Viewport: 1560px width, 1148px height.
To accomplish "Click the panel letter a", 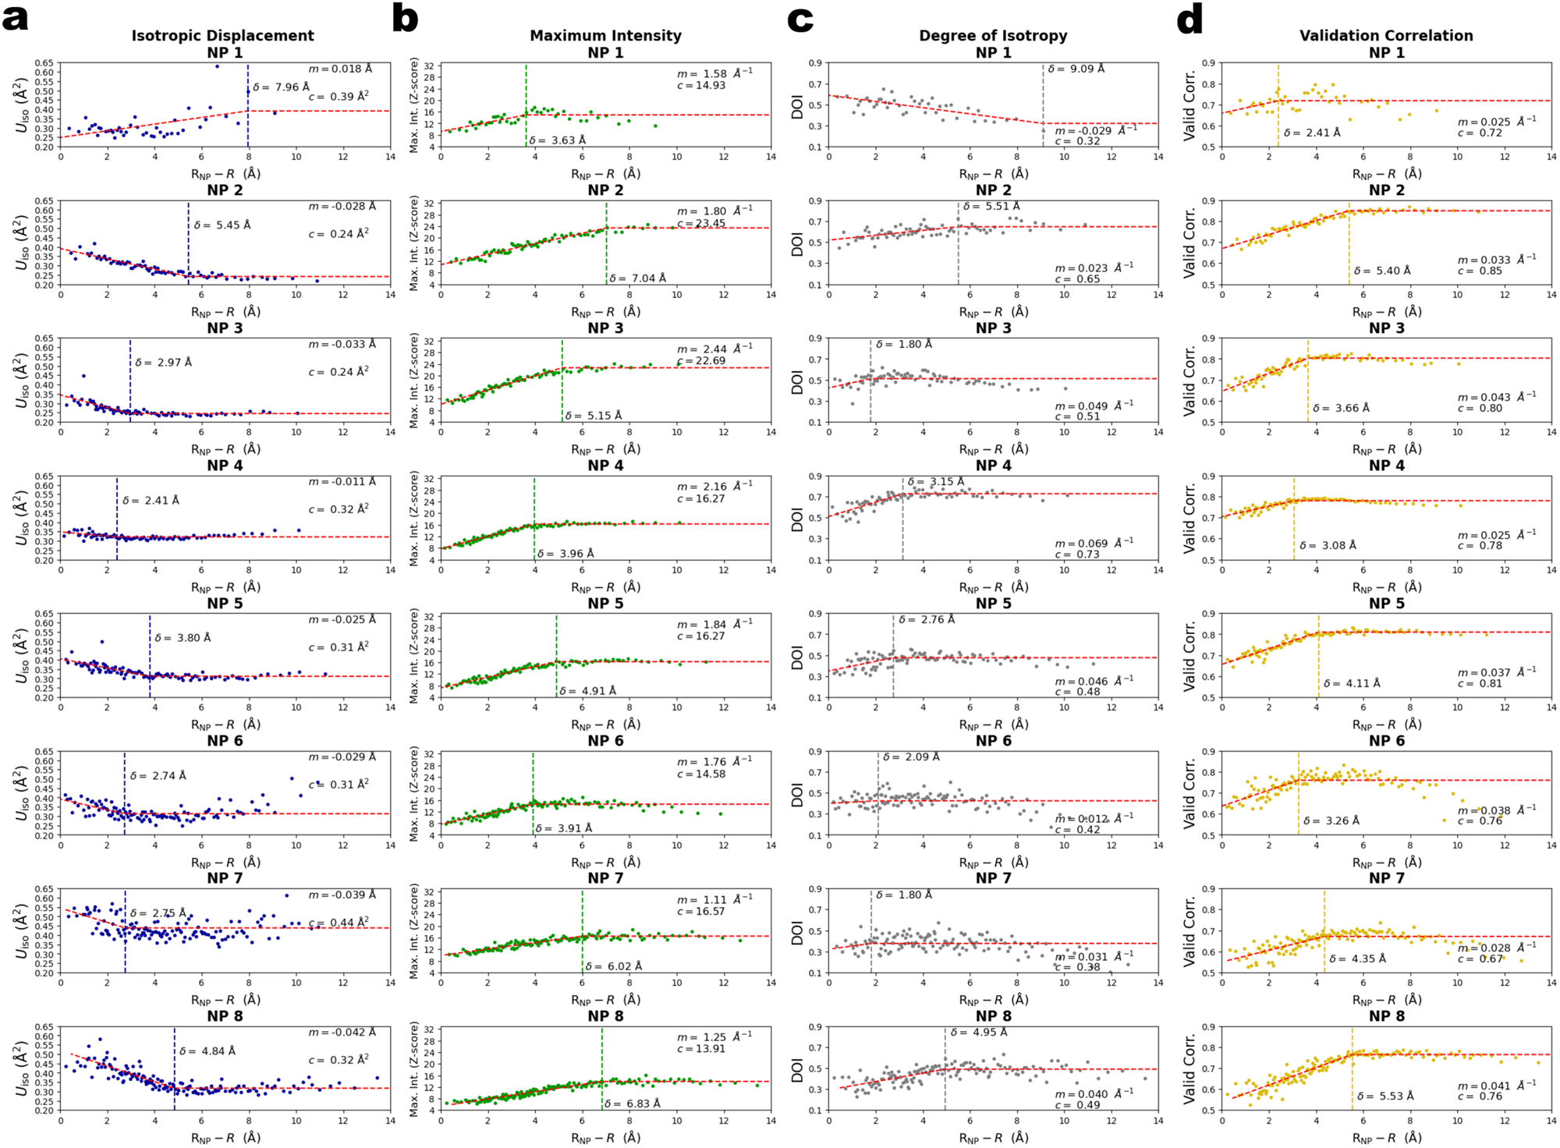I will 15,16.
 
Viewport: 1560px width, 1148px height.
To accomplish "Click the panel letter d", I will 1189,16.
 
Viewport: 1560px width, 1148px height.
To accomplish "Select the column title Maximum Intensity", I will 605,36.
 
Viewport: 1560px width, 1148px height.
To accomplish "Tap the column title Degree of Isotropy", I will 992,36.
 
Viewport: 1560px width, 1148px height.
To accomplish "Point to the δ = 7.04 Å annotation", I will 637,278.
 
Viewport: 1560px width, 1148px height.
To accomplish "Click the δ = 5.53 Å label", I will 1384,1096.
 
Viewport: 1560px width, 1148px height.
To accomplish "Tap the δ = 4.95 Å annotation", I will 978,1032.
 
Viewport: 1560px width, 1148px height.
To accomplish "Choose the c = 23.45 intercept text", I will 701,223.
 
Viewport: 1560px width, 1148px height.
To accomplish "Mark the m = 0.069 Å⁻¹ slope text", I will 1094,542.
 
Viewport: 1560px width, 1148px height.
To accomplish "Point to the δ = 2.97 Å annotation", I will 163,363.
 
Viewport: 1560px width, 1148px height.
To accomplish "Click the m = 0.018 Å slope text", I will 339,69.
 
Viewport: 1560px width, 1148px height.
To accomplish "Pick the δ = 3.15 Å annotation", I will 935,481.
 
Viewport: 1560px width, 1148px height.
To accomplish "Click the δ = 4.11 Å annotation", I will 1351,683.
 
